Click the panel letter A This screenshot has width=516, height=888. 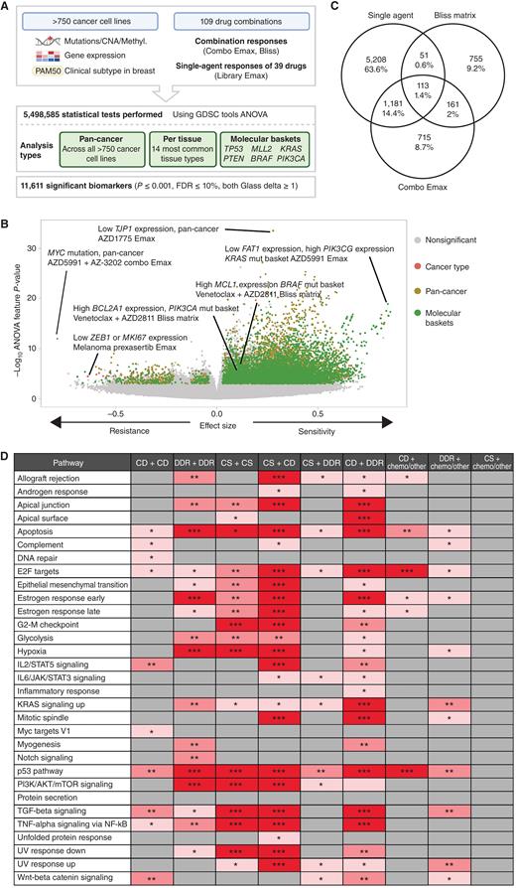(x=7, y=8)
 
